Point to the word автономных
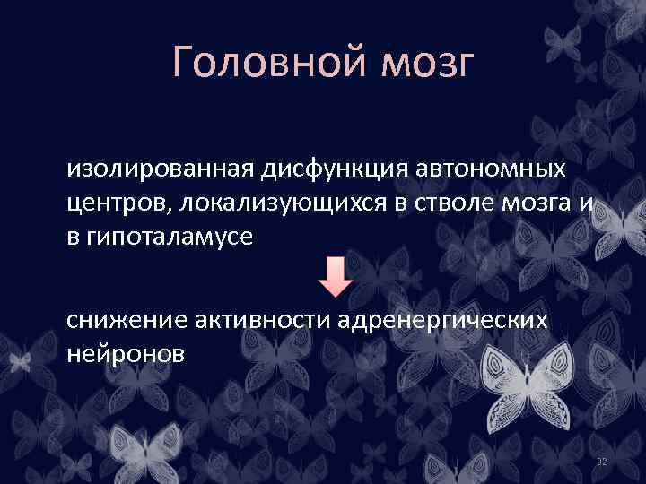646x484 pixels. point(478,169)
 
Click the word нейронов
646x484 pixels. point(126,354)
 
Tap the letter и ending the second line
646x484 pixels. point(584,203)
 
